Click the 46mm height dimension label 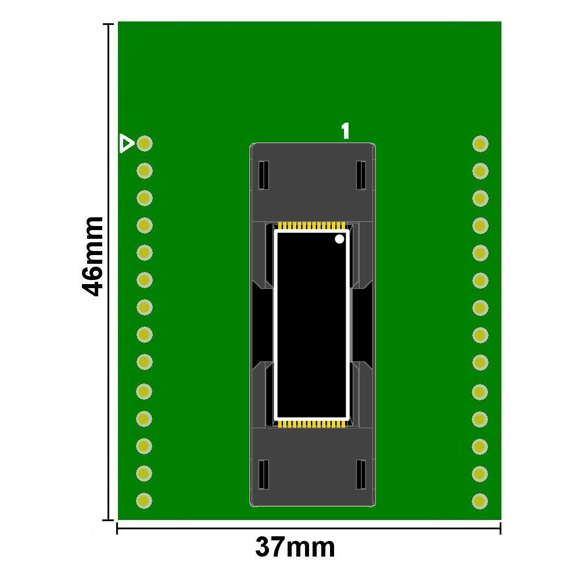(x=92, y=257)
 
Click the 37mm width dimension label (x=295, y=547)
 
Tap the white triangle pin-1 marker (x=127, y=144)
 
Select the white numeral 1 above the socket (x=345, y=131)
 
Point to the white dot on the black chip (x=339, y=239)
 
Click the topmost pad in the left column (x=145, y=144)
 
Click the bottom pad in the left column (x=144, y=501)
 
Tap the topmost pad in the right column (x=480, y=144)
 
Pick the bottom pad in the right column (x=480, y=501)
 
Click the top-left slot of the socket (x=263, y=175)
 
